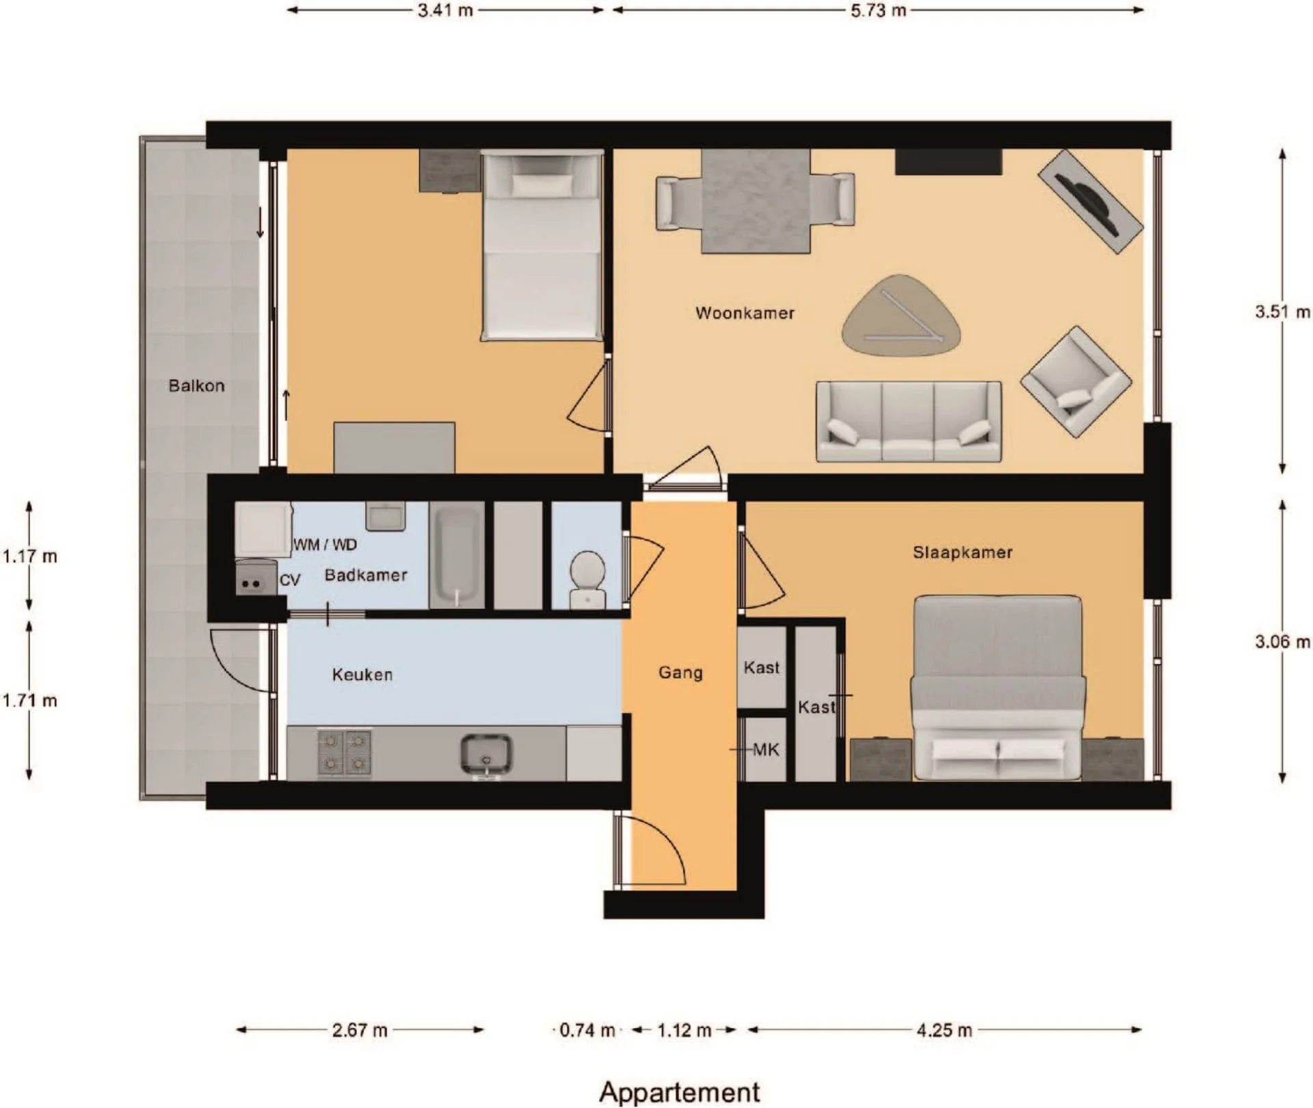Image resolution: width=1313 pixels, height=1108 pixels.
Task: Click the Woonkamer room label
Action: click(x=745, y=313)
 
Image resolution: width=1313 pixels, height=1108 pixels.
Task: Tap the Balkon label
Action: click(x=196, y=386)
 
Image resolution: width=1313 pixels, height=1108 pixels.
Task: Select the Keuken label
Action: click(x=362, y=675)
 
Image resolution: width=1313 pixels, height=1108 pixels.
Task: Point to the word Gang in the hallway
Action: click(x=680, y=673)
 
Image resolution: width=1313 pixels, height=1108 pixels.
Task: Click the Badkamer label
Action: click(x=366, y=575)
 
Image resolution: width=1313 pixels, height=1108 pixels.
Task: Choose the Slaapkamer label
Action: click(x=962, y=552)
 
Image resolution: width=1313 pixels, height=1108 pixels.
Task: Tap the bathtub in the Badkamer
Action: click(x=457, y=555)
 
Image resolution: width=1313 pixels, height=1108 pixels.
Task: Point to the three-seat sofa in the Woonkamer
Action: click(x=909, y=421)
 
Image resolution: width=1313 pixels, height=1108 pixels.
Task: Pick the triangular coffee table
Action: click(x=901, y=315)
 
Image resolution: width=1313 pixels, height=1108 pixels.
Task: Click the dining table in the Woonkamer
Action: click(x=756, y=201)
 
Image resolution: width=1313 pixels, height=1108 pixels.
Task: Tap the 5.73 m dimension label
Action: click(x=878, y=10)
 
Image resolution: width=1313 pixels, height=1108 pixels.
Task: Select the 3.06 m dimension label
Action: click(x=1282, y=642)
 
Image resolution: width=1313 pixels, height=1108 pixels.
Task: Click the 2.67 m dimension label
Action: click(x=360, y=1030)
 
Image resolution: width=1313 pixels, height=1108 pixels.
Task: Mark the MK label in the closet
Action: click(x=766, y=750)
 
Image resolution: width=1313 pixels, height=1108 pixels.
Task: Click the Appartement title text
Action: click(x=680, y=1092)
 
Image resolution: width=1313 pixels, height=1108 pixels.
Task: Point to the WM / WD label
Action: click(x=326, y=545)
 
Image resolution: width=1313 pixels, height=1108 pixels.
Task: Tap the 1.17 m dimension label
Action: click(x=29, y=556)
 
